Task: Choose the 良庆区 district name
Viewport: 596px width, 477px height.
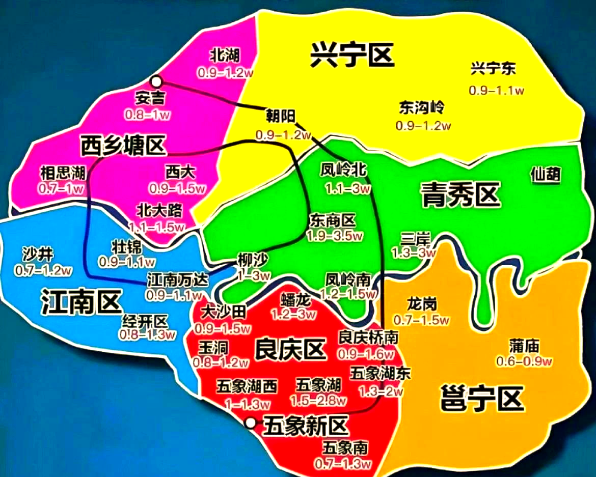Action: pyautogui.click(x=290, y=350)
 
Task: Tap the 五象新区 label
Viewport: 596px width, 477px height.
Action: pyautogui.click(x=306, y=424)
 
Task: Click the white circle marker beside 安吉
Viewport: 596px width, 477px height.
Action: pyautogui.click(x=156, y=81)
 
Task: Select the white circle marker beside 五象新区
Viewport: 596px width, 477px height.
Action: pyautogui.click(x=250, y=422)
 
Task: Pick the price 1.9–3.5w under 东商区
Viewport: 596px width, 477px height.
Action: pyautogui.click(x=335, y=236)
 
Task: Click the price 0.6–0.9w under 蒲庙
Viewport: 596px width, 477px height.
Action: pyautogui.click(x=524, y=361)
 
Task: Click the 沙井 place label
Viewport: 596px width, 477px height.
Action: pyautogui.click(x=36, y=252)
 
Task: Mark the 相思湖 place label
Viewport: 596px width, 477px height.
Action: pyautogui.click(x=62, y=173)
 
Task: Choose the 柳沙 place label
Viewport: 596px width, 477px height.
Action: pyautogui.click(x=252, y=260)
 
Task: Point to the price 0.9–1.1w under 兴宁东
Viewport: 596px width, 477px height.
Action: pyautogui.click(x=496, y=90)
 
